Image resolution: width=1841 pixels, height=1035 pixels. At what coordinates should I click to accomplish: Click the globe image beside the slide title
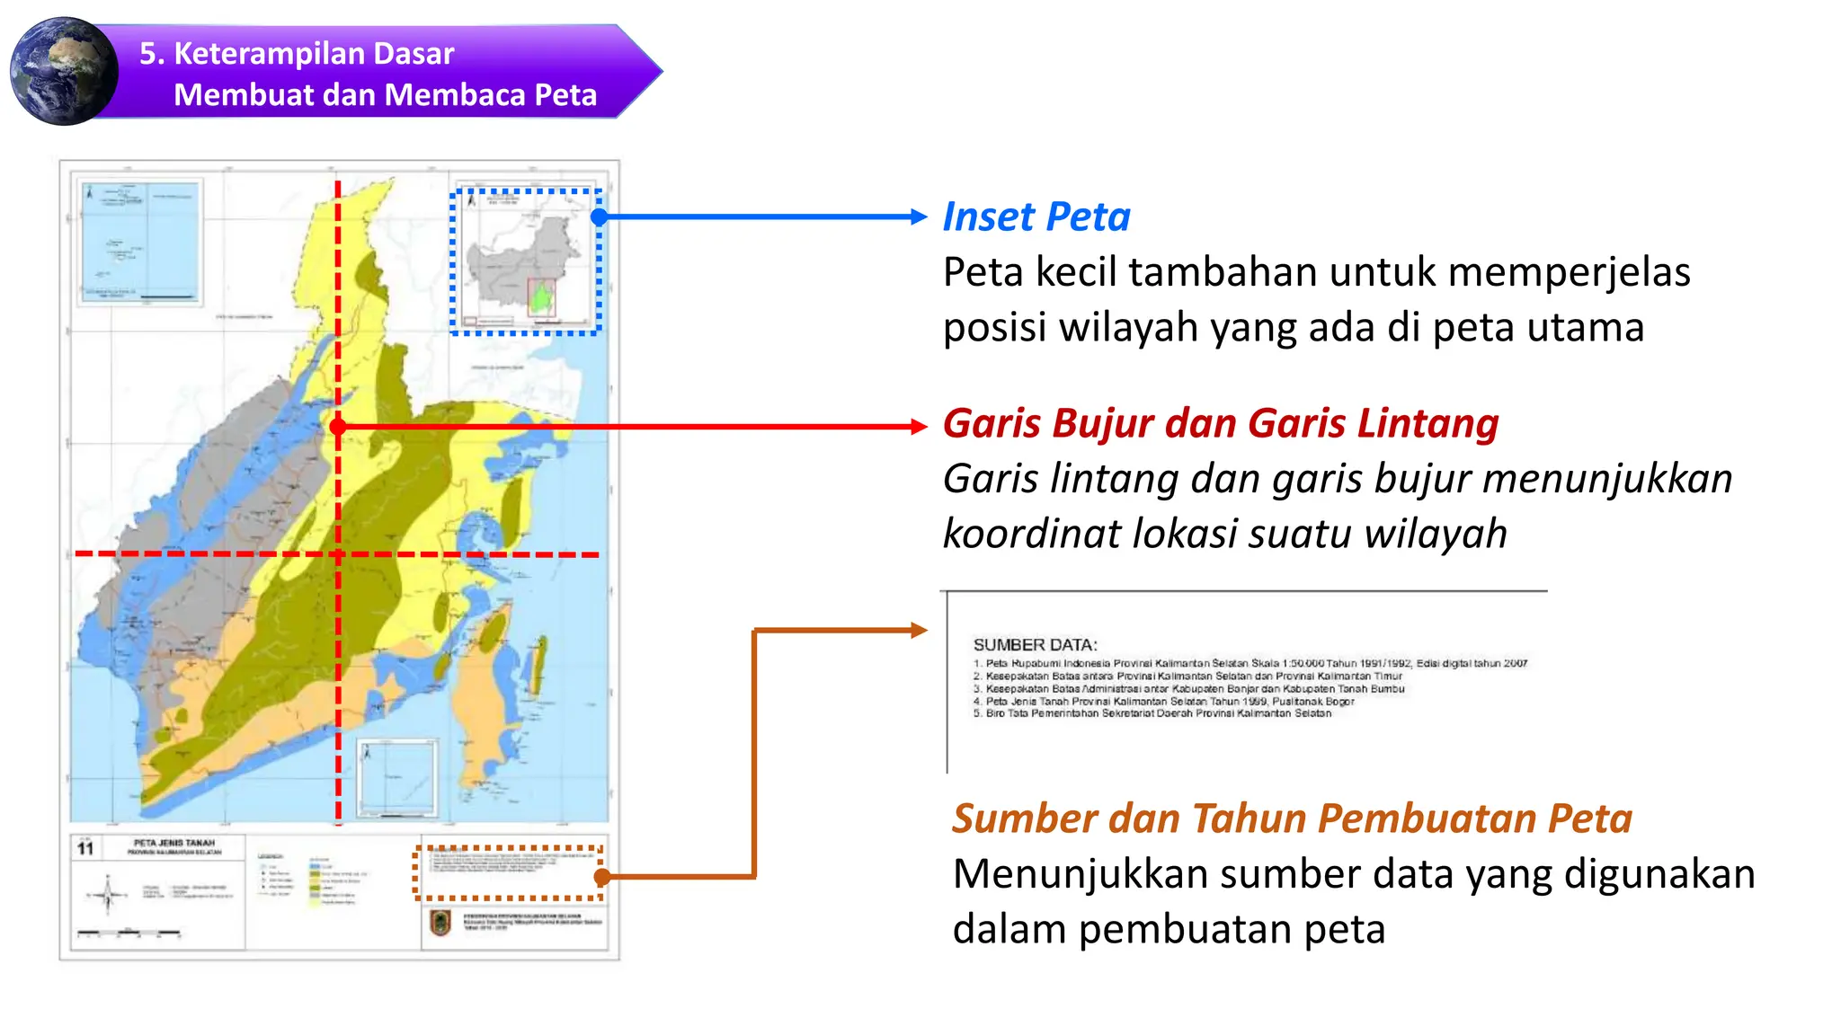63,71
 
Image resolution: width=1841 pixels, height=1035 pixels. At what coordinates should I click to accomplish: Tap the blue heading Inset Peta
1036,217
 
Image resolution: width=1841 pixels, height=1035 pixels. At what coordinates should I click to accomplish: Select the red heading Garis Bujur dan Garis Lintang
1220,423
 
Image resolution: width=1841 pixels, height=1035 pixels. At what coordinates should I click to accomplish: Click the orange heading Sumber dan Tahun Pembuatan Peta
1291,818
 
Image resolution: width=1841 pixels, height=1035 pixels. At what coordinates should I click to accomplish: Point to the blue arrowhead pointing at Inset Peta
918,217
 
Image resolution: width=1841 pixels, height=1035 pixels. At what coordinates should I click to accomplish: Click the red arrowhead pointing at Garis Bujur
918,427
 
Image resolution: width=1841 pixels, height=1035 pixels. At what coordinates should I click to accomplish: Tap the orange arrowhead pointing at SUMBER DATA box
918,630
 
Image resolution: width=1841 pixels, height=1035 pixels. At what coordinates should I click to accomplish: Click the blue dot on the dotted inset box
600,217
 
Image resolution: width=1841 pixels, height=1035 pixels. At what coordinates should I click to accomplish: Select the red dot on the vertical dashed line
338,427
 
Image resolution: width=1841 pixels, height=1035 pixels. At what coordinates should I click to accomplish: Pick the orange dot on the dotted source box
601,876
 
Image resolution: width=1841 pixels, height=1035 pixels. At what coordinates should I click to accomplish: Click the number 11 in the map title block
85,848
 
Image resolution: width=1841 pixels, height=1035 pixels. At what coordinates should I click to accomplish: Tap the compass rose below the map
108,894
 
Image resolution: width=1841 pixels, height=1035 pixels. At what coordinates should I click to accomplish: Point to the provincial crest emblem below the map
440,923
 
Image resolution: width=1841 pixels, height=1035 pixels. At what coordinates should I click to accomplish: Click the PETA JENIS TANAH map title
174,843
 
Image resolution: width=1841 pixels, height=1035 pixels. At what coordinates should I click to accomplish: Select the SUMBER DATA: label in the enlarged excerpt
1035,645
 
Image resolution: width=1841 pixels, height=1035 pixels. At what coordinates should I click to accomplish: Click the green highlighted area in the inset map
540,297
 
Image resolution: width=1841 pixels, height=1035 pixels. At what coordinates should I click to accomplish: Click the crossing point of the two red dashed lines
338,554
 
